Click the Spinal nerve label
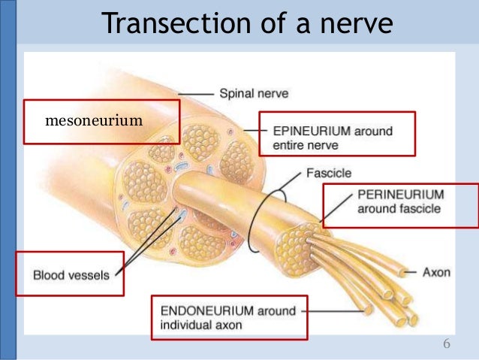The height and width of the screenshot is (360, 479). tap(254, 94)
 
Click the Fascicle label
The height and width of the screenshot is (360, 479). tap(328, 173)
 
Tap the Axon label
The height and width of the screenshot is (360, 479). tap(435, 272)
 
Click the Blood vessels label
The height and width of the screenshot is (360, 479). tap(71, 275)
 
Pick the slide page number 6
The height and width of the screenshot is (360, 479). tap(447, 344)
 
